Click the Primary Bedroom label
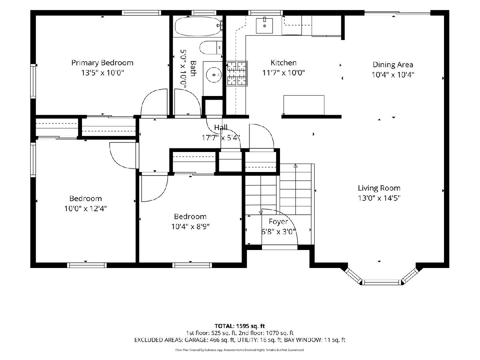point(102,63)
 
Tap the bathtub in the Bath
point(198,26)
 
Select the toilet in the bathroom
point(211,48)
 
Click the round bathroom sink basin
point(214,75)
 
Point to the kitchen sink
point(264,26)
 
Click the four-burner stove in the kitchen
point(237,74)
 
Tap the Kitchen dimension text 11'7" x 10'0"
point(284,72)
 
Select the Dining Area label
point(393,65)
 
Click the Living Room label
point(379,188)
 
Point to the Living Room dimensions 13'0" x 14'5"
point(379,198)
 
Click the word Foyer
point(278,222)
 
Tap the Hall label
point(221,127)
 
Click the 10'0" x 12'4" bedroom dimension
point(86,208)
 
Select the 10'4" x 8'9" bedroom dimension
point(190,227)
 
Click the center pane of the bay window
point(382,282)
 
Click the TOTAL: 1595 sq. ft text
point(240,326)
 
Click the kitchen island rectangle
point(304,105)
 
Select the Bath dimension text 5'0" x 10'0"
point(183,70)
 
